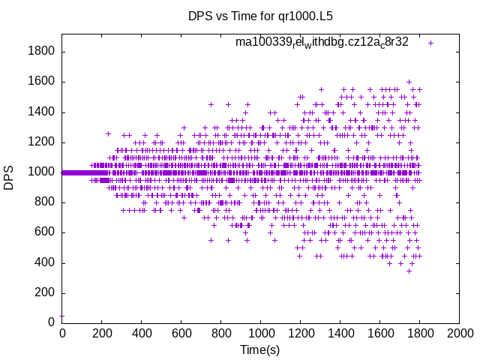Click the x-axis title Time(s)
tap(260, 349)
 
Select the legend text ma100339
tap(322, 42)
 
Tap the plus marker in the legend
tap(430, 43)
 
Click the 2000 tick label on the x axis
tap(460, 333)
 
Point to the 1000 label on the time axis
tap(261, 333)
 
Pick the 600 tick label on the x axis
tap(181, 333)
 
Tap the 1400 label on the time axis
tap(340, 333)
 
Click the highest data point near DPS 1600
tap(409, 82)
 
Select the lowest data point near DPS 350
tap(409, 270)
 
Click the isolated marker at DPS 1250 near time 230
tap(108, 134)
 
